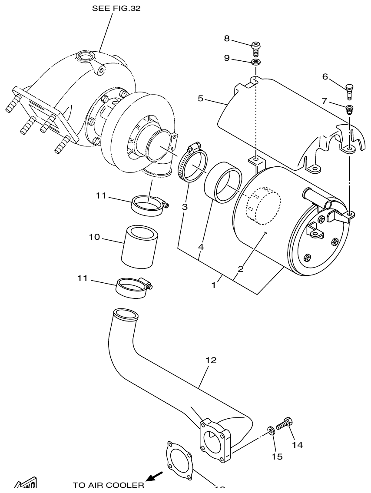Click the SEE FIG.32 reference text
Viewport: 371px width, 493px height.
[x=116, y=8]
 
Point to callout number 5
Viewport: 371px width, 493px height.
[x=200, y=98]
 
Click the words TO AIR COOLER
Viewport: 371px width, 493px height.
[x=108, y=485]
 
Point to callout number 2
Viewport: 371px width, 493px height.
[x=240, y=269]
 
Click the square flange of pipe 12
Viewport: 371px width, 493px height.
[x=215, y=439]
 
